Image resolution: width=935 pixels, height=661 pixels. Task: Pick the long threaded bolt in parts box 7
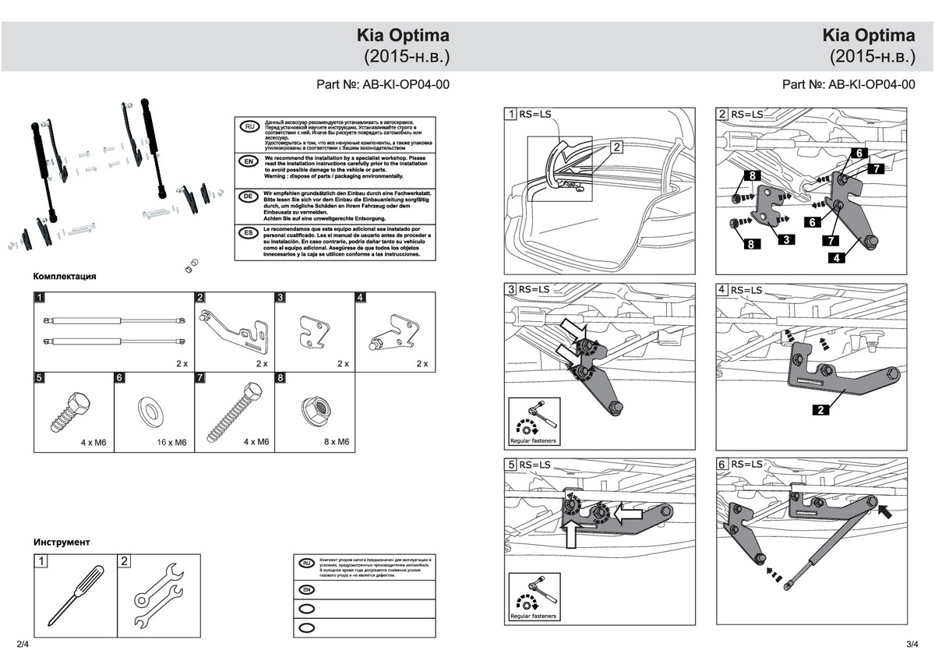pos(237,410)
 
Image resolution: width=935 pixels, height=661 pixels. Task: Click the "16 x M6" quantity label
pos(170,442)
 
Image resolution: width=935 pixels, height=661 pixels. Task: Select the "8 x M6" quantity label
pos(336,442)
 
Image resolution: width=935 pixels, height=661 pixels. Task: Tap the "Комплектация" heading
pos(65,276)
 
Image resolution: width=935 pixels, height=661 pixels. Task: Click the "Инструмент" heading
pos(62,541)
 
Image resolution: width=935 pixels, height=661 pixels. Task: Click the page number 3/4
pos(913,645)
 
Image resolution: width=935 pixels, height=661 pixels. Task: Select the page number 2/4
pos(22,645)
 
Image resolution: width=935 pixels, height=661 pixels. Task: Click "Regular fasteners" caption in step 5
pos(533,616)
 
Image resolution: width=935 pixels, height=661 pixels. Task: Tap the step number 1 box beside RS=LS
pos(511,115)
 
